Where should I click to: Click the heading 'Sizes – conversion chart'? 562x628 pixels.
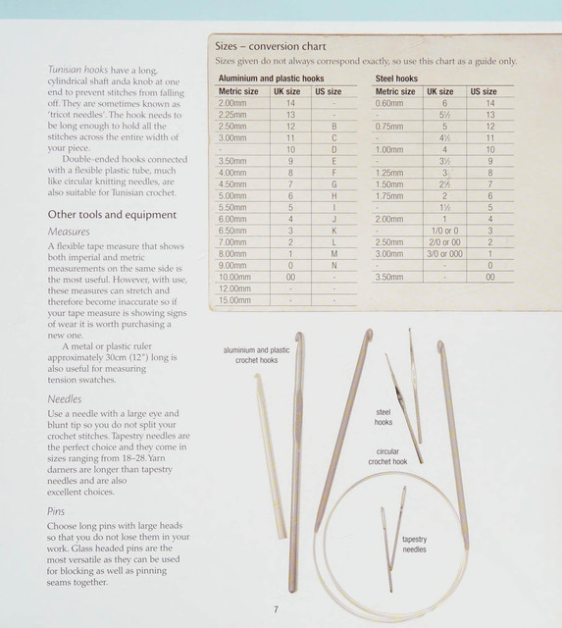(x=271, y=46)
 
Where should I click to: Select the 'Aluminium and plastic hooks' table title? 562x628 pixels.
(x=271, y=78)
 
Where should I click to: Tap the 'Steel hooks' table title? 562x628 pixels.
(x=396, y=78)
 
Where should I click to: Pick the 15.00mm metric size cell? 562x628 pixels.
(x=234, y=300)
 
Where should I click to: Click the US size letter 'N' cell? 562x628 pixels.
(x=333, y=266)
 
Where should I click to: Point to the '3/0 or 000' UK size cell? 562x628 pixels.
(x=444, y=254)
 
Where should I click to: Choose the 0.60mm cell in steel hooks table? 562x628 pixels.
(x=389, y=103)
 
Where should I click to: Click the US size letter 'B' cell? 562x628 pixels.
(x=333, y=127)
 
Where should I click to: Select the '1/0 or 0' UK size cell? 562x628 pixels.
(x=444, y=231)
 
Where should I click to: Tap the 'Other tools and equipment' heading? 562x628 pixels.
(x=112, y=215)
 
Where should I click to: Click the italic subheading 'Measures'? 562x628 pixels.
(x=69, y=232)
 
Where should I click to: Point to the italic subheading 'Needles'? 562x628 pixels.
(x=65, y=399)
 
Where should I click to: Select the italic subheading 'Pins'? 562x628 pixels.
(x=56, y=511)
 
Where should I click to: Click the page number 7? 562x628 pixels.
(x=276, y=609)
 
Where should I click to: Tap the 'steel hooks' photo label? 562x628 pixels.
(x=383, y=417)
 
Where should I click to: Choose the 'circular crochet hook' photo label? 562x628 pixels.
(x=387, y=456)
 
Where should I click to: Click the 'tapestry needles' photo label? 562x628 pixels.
(x=414, y=545)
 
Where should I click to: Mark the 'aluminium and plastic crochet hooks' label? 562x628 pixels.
(x=257, y=355)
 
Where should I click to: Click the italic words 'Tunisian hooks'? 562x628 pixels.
(x=77, y=70)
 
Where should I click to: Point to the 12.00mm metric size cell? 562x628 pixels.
(x=234, y=288)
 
